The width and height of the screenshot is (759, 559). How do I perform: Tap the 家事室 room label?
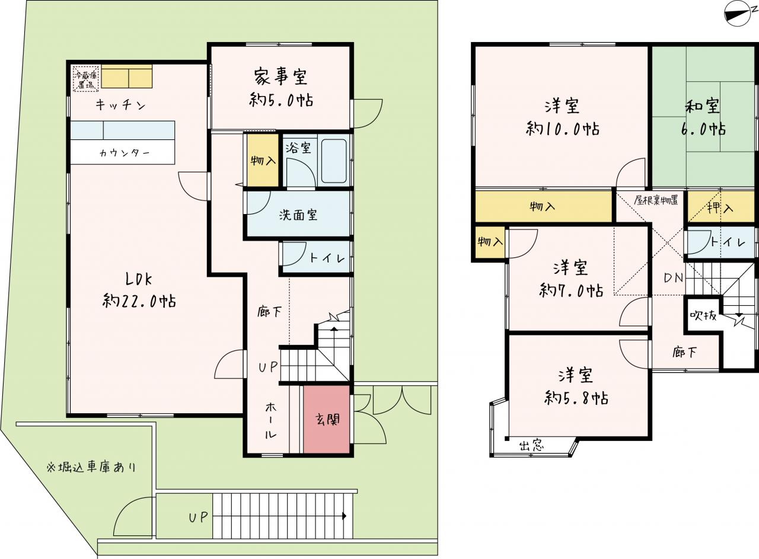click(280, 76)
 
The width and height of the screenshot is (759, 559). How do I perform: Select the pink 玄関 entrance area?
click(327, 419)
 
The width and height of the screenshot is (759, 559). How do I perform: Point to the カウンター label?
click(125, 153)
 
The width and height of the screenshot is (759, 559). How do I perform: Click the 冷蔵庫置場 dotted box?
click(86, 79)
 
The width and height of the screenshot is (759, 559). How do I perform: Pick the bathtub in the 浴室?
click(334, 161)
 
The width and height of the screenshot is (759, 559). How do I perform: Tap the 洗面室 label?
click(298, 215)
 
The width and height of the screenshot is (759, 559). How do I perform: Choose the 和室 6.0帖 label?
click(703, 117)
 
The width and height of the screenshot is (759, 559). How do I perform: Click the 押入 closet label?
click(720, 207)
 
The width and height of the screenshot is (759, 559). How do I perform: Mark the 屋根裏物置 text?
click(656, 200)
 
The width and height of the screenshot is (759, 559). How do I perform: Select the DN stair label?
click(673, 278)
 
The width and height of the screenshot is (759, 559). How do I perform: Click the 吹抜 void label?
click(703, 316)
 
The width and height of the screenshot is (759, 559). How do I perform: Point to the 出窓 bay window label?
click(532, 445)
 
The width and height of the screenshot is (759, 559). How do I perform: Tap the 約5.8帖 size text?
click(576, 398)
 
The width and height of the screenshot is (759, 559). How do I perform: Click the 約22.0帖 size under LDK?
click(139, 301)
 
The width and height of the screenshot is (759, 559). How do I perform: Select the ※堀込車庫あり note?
click(91, 467)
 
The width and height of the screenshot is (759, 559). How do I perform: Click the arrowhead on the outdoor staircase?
click(345, 516)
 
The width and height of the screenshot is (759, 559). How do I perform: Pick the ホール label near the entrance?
click(270, 420)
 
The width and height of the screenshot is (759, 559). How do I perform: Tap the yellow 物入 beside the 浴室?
click(263, 160)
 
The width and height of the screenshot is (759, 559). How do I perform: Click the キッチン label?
click(120, 105)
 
